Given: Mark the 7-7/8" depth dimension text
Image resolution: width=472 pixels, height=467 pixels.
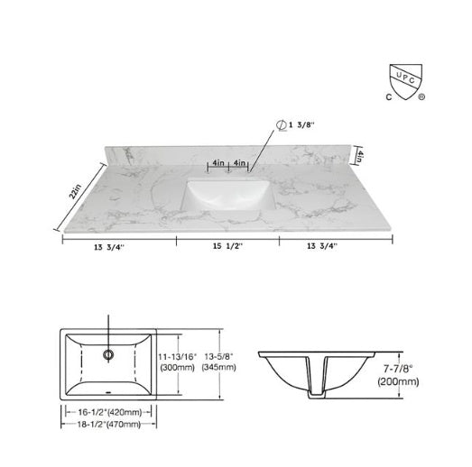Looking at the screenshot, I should pyautogui.click(x=397, y=368).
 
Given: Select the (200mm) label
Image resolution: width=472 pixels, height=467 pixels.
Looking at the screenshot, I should pyautogui.click(x=397, y=380).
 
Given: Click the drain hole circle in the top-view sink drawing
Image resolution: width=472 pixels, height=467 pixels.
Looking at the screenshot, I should pyautogui.click(x=108, y=354).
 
